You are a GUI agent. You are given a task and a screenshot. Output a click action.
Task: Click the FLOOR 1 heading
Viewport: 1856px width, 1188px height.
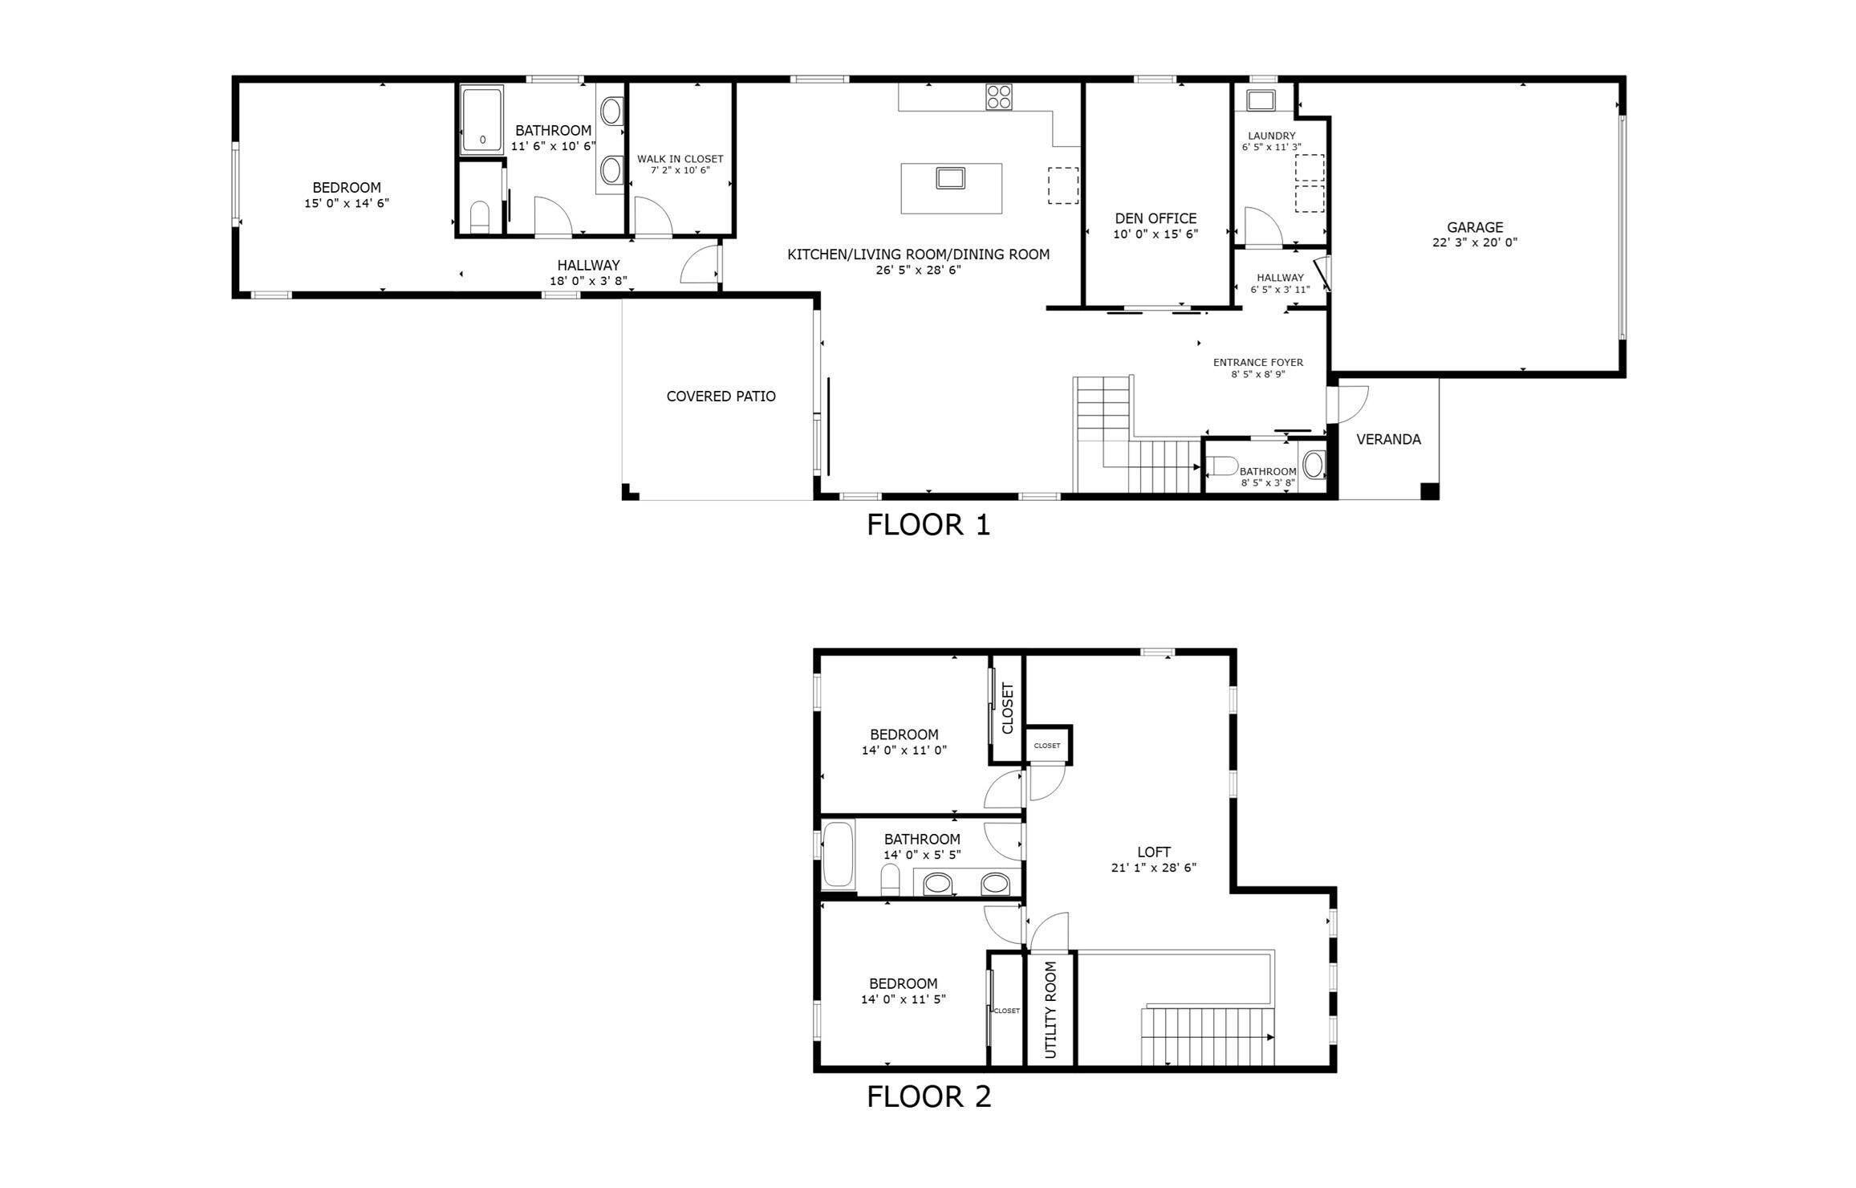928,525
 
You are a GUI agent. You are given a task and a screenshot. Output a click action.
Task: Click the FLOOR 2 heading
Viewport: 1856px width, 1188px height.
928,1096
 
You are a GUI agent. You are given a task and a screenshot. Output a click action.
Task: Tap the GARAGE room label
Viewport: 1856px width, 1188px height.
1474,227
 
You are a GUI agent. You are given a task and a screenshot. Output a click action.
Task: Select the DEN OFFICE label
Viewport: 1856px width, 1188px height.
1155,218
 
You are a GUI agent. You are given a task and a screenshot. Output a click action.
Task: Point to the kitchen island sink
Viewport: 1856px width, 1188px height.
951,178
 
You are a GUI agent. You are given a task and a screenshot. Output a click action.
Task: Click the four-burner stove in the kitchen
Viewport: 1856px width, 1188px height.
999,97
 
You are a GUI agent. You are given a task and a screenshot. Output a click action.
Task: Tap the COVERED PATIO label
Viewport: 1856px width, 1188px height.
721,397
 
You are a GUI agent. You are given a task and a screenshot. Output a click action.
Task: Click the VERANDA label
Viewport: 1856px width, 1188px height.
1388,439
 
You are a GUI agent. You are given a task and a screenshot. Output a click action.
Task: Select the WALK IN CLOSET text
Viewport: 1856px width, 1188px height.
680,159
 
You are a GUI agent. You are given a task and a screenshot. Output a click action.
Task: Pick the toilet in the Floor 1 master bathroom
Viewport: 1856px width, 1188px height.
479,218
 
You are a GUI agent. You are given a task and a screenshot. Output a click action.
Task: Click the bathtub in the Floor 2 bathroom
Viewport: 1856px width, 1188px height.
838,854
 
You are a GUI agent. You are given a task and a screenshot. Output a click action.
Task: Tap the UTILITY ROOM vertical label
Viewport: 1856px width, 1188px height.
1050,1010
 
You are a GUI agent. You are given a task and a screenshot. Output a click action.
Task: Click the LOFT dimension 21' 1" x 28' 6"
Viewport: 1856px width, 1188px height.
1153,868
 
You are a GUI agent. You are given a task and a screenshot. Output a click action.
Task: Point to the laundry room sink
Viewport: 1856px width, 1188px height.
1260,100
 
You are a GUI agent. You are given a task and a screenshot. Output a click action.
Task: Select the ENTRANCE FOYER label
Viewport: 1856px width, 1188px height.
1257,363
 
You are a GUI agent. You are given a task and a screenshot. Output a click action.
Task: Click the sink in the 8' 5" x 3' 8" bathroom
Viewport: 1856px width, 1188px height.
1314,465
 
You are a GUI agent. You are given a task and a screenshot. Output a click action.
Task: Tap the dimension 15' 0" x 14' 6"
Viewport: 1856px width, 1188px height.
346,204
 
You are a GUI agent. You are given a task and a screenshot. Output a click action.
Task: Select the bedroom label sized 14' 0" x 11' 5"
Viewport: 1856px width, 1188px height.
903,983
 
